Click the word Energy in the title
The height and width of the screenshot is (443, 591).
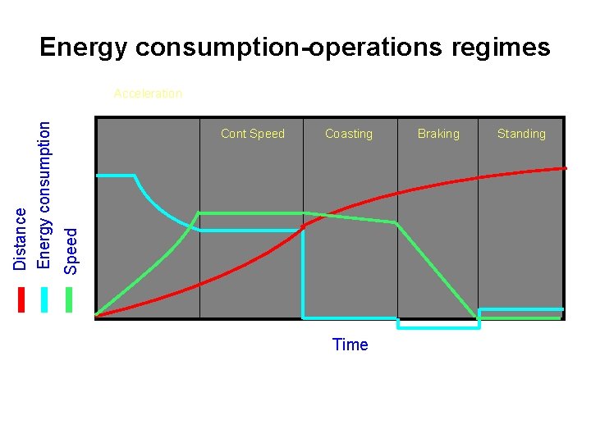click(x=82, y=48)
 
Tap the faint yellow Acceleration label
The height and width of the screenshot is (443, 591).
click(x=148, y=94)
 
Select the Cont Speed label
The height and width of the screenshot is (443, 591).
click(x=253, y=134)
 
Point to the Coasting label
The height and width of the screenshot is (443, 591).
click(x=349, y=134)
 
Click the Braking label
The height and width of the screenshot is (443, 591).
click(x=438, y=134)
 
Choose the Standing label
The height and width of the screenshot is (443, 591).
click(x=521, y=134)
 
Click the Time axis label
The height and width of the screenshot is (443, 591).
click(x=350, y=345)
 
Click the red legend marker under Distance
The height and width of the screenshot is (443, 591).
click(x=21, y=299)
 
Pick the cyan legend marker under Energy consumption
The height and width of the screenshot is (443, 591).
click(x=45, y=299)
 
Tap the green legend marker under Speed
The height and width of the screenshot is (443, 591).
click(x=70, y=299)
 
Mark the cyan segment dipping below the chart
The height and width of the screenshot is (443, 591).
click(x=438, y=327)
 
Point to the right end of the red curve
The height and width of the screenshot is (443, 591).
click(x=564, y=168)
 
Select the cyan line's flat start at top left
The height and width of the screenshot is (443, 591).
click(x=115, y=176)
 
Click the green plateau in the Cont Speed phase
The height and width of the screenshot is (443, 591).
click(x=250, y=213)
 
